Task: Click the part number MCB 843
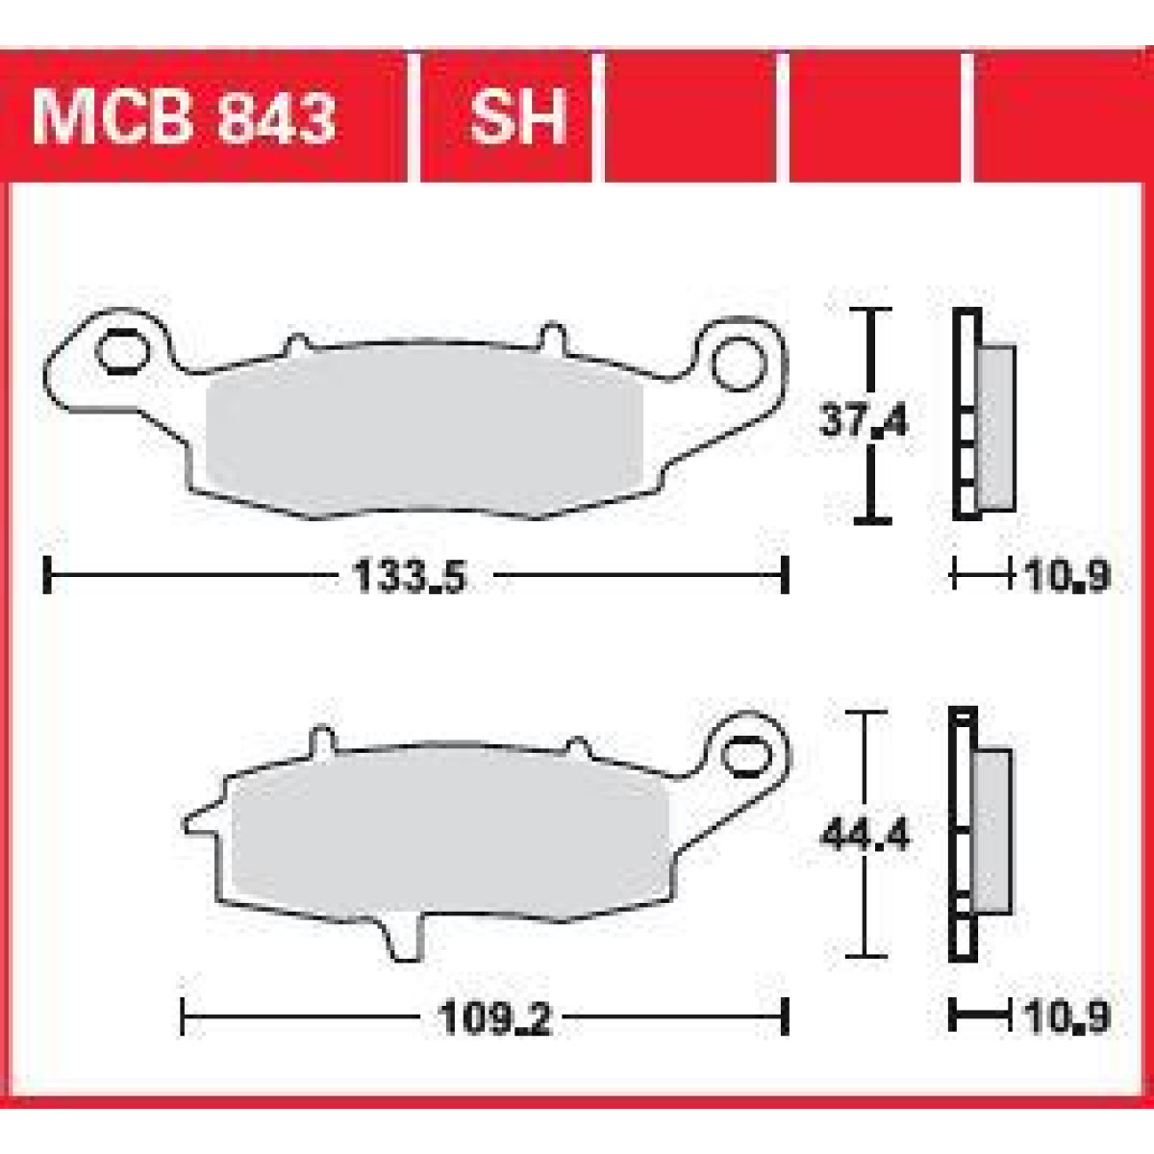(x=184, y=116)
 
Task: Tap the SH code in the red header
(x=517, y=116)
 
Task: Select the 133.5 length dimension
(x=410, y=577)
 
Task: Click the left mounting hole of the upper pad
(x=123, y=352)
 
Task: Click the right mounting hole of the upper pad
(x=739, y=364)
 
